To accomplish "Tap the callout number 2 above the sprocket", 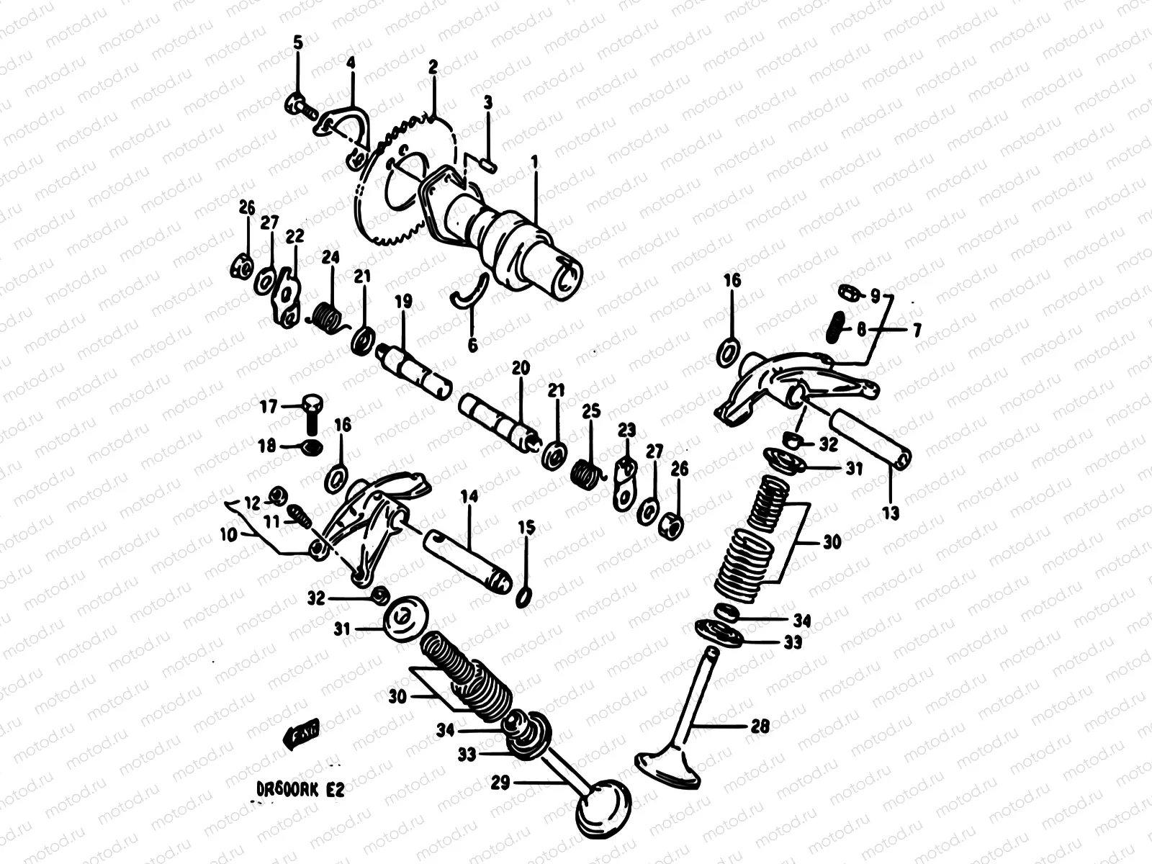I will (433, 68).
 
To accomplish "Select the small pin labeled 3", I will (487, 166).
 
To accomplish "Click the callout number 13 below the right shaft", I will (891, 513).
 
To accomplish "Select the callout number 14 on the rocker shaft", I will (469, 496).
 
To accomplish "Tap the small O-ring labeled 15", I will (526, 597).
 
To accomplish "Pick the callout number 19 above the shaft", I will (402, 302).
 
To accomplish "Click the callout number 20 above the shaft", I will (521, 368).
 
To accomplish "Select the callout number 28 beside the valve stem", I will (760, 726).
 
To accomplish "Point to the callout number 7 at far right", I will (916, 330).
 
